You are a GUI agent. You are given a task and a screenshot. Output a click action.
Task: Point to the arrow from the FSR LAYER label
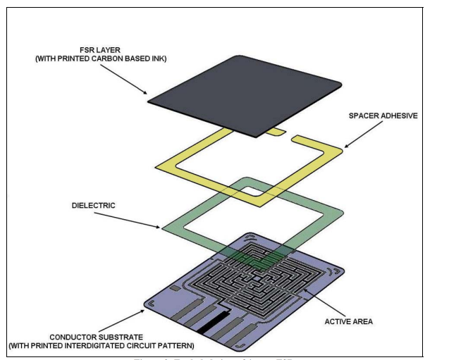[128, 82]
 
